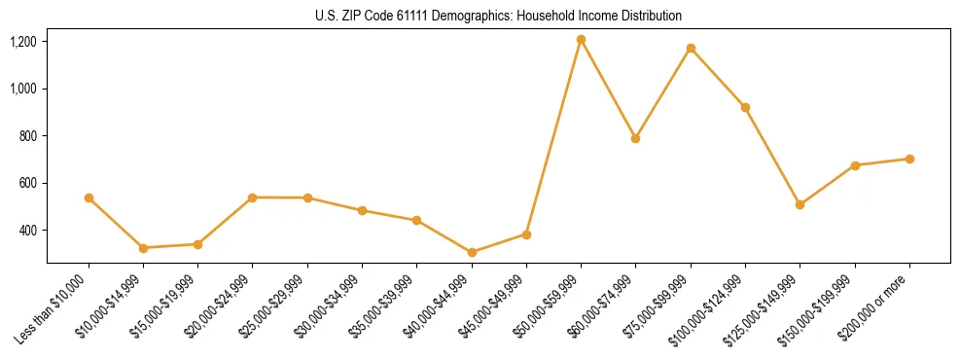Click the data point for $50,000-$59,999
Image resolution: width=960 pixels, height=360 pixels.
pyautogui.click(x=581, y=40)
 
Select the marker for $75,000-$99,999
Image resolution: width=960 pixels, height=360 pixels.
pyautogui.click(x=691, y=48)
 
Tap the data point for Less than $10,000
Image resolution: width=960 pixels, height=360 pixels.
pyautogui.click(x=89, y=198)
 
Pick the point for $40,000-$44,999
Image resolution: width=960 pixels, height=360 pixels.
pyautogui.click(x=472, y=252)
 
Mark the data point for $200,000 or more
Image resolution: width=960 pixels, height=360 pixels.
pyautogui.click(x=909, y=159)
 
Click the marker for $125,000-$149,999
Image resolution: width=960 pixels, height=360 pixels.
pyautogui.click(x=800, y=204)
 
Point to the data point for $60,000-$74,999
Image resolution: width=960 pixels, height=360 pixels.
pyautogui.click(x=635, y=138)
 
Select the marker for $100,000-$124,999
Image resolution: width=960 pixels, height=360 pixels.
pyautogui.click(x=745, y=107)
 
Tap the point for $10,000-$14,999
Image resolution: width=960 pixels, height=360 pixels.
pyautogui.click(x=143, y=248)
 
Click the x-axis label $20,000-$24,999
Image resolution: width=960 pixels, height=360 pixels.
pyautogui.click(x=219, y=305)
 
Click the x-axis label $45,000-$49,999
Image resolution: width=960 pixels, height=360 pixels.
pyautogui.click(x=492, y=305)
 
